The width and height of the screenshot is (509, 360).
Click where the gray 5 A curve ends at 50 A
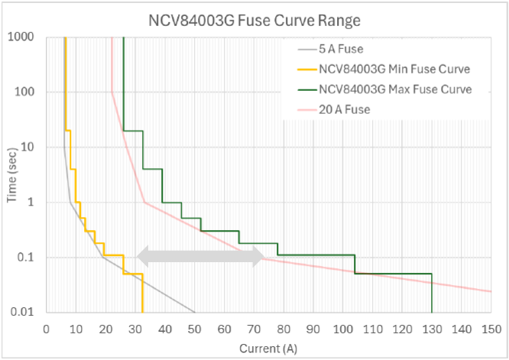(x=194, y=312)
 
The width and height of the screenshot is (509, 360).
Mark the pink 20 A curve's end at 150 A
(x=491, y=291)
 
